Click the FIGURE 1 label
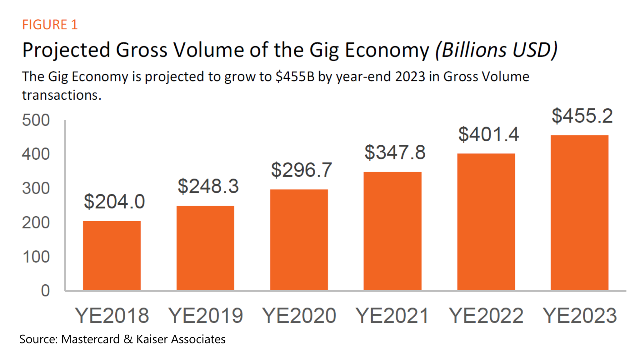50,25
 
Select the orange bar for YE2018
112,256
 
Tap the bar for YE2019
205,248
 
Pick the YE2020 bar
299,240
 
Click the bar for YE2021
392,231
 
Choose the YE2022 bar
486,222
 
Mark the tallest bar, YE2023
579,212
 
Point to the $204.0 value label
114,202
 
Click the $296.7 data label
302,170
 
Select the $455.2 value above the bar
582,116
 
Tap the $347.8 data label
395,152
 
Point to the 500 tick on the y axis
36,120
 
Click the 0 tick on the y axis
45,291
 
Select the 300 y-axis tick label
36,188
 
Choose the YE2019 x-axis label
206,316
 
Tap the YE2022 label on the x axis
486,316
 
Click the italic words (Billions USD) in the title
496,50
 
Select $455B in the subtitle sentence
295,77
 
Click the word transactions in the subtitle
62,95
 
